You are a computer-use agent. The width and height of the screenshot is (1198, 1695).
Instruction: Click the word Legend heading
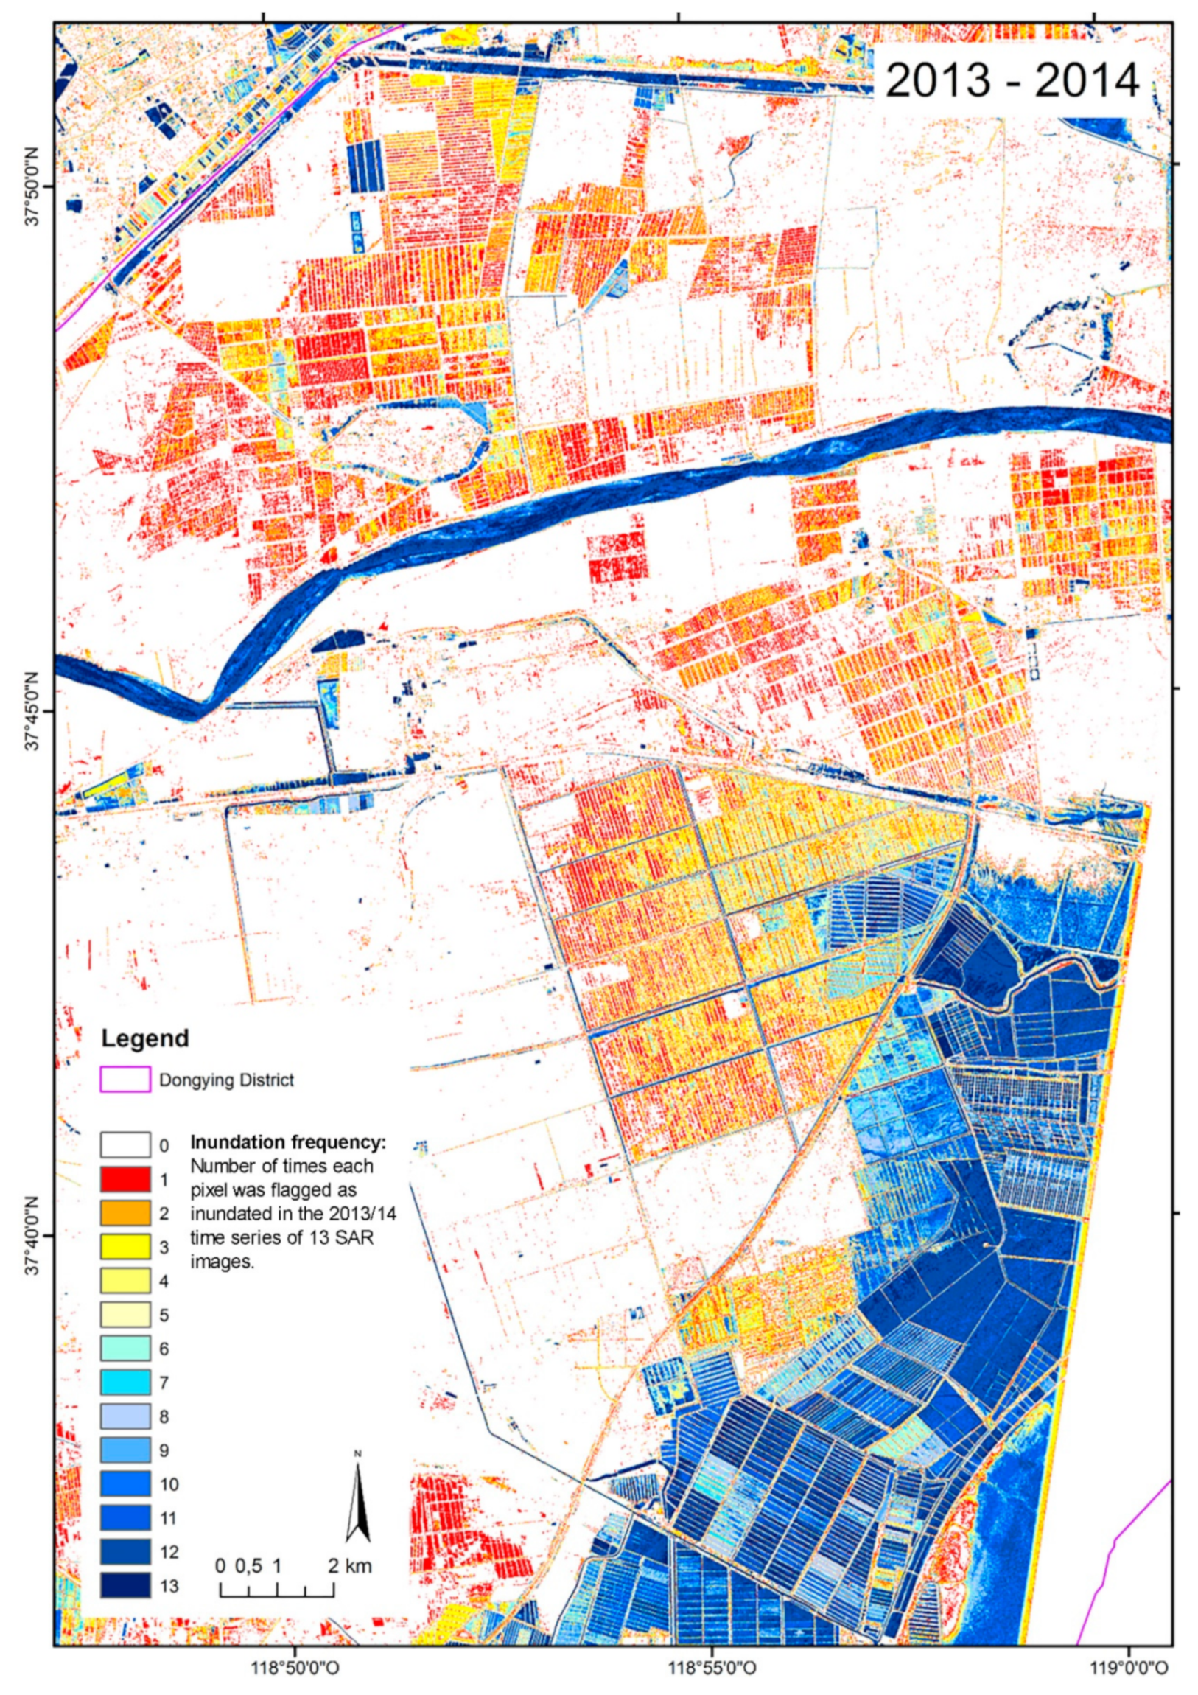click(x=144, y=1038)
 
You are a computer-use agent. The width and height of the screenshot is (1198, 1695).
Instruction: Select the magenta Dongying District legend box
click(x=125, y=1080)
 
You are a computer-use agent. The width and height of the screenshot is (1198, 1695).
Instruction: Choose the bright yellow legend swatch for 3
click(x=125, y=1247)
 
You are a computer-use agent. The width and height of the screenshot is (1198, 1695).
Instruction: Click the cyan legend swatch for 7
click(x=125, y=1382)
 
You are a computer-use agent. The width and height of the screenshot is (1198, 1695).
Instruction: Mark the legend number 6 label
click(x=164, y=1348)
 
